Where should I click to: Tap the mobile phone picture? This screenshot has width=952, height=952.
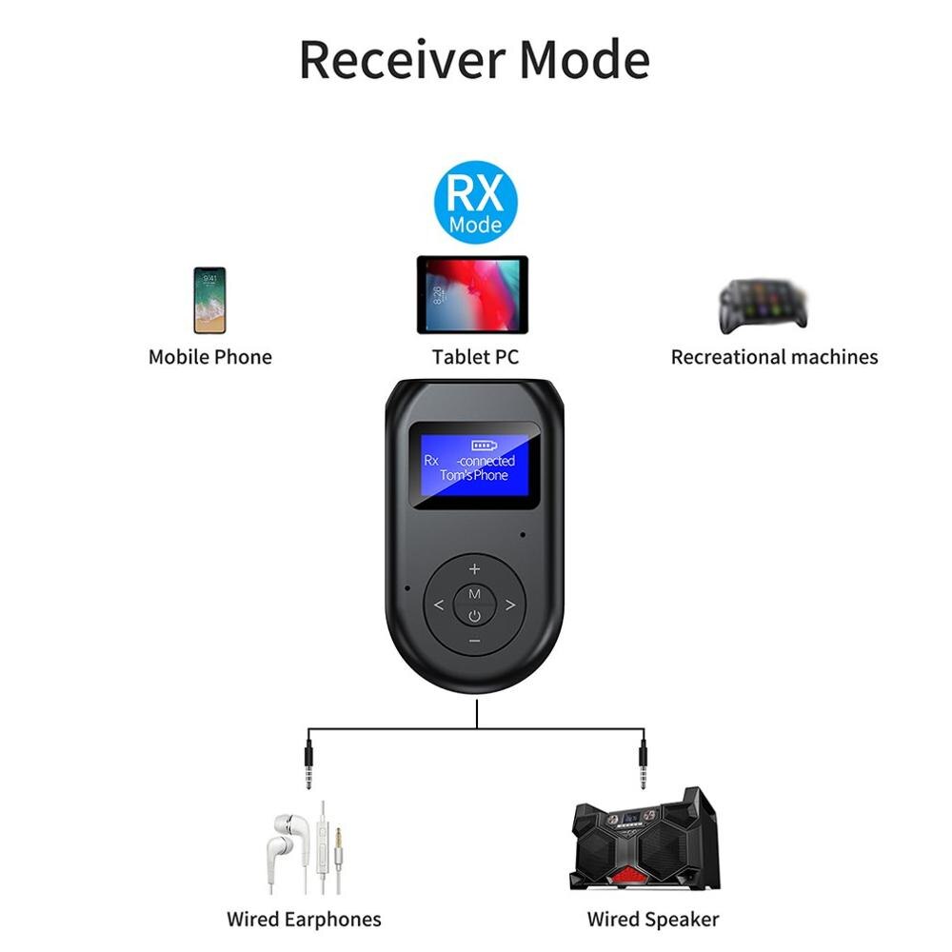209,300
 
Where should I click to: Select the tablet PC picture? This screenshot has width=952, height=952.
472,294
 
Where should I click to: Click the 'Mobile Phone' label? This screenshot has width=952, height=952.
209,357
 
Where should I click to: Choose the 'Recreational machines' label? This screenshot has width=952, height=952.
774,357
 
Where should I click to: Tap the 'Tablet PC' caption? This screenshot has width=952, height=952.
475,357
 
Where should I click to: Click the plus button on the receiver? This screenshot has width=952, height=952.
474,569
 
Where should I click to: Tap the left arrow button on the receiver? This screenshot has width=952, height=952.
439,605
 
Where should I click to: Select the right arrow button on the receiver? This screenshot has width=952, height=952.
510,605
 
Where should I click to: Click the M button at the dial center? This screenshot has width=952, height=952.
474,594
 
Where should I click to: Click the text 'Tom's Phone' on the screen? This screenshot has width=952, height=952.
474,475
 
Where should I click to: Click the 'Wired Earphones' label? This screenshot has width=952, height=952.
304,919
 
